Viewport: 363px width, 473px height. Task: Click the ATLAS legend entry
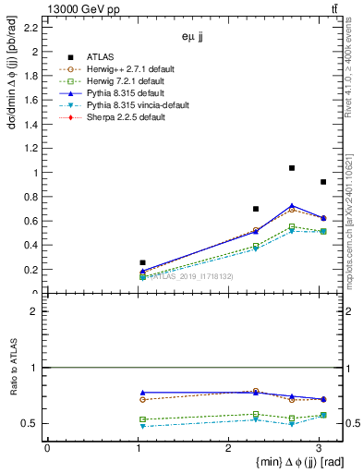point(107,56)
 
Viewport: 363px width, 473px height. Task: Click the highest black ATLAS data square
point(292,168)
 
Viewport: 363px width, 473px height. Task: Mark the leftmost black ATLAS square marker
point(142,262)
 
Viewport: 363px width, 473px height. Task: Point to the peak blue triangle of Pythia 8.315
point(292,206)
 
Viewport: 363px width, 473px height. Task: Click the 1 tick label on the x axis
point(138,449)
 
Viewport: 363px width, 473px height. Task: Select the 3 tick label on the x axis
point(319,449)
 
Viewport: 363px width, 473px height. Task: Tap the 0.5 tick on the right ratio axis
point(354,423)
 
